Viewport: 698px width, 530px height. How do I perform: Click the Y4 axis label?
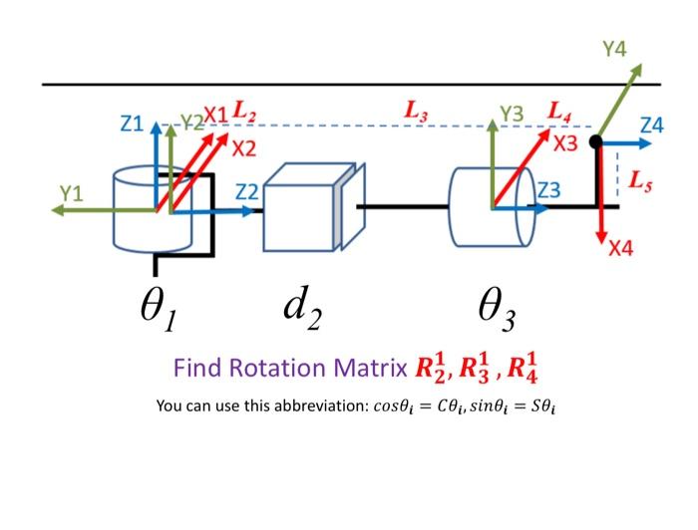[x=615, y=49]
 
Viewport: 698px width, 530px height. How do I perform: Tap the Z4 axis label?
[x=651, y=126]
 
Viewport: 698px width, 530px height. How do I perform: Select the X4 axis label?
[x=620, y=248]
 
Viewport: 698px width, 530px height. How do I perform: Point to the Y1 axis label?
[x=70, y=192]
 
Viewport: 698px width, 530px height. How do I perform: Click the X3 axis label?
[x=565, y=144]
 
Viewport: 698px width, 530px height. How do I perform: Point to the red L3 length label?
[x=416, y=112]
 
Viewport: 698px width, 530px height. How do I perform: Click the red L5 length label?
[x=641, y=180]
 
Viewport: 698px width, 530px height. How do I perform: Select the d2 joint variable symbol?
[x=301, y=308]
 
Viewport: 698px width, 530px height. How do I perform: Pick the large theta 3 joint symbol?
[x=497, y=312]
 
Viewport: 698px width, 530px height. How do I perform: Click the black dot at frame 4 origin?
[x=595, y=142]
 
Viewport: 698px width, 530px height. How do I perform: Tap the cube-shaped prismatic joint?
[x=305, y=208]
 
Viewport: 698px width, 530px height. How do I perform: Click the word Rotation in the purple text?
[x=282, y=368]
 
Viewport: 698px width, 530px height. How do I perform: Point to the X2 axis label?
[x=243, y=150]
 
